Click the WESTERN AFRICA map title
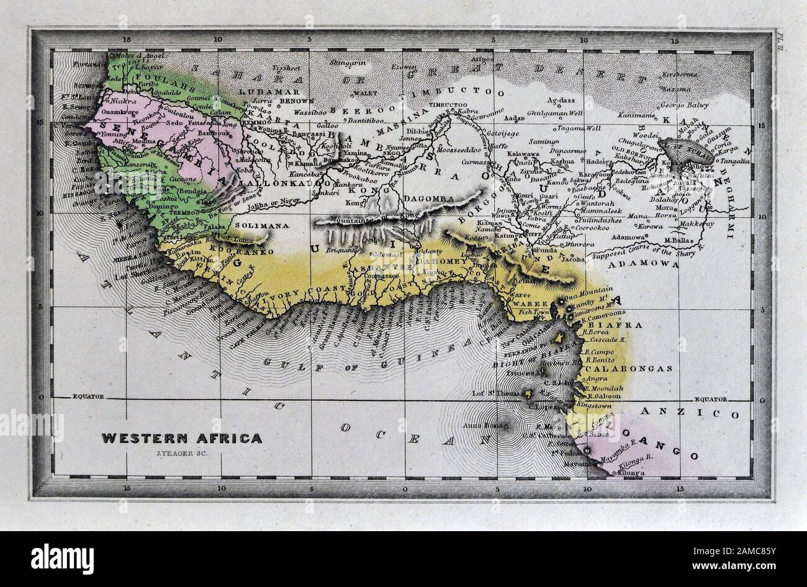[x=182, y=438]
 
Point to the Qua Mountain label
[x=593, y=290]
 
